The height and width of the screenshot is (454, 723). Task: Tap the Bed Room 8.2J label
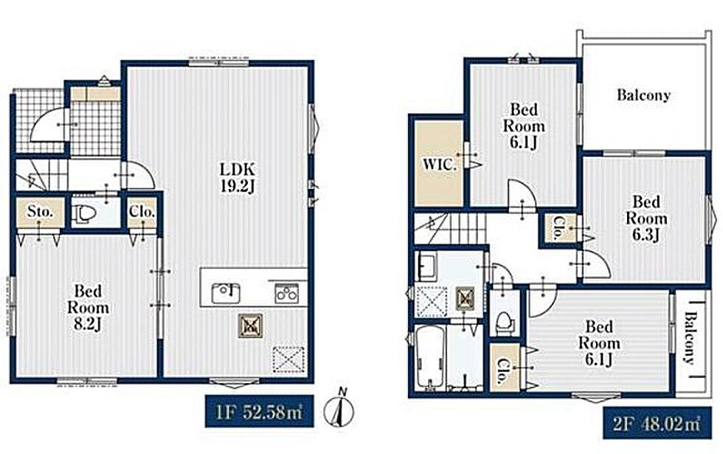[88, 308]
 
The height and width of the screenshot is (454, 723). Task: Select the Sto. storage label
[40, 212]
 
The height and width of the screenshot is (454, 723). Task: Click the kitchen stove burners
[286, 294]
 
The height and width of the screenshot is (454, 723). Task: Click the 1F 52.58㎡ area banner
[260, 411]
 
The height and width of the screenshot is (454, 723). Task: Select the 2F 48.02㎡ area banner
[657, 423]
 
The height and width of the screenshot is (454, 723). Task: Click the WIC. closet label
[440, 165]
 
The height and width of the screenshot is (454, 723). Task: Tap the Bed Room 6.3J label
[646, 219]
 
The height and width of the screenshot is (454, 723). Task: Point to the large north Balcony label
[643, 95]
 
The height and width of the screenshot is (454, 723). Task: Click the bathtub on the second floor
[430, 357]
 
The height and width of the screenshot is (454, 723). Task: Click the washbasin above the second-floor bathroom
[429, 266]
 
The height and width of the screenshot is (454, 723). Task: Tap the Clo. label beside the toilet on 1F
[142, 213]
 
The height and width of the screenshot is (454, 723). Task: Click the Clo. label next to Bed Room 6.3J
[557, 228]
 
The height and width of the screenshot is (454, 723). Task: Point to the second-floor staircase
[451, 229]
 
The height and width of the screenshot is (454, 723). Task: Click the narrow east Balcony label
[690, 338]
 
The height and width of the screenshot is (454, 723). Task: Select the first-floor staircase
[42, 174]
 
